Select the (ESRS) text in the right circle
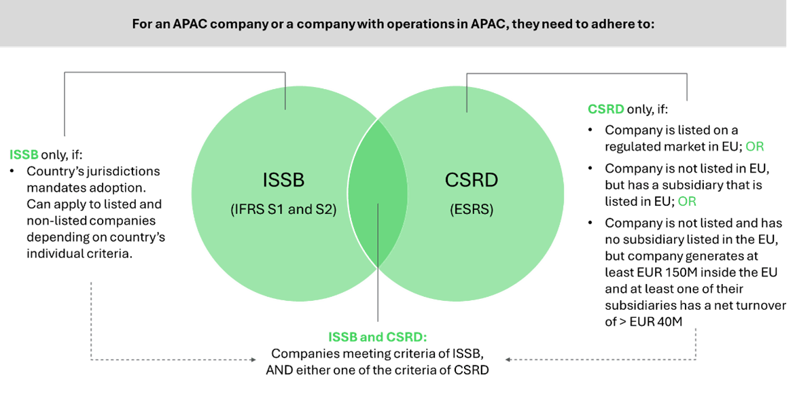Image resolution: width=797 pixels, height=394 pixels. [x=471, y=209]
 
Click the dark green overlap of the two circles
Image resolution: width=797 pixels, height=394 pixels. [x=377, y=192]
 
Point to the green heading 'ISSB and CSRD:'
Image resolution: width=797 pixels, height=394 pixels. [x=377, y=337]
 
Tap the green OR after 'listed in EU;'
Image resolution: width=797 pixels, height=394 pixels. [x=687, y=201]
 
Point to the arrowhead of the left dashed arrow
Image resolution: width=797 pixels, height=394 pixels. [x=253, y=360]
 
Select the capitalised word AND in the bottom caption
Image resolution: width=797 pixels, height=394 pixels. [x=277, y=370]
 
